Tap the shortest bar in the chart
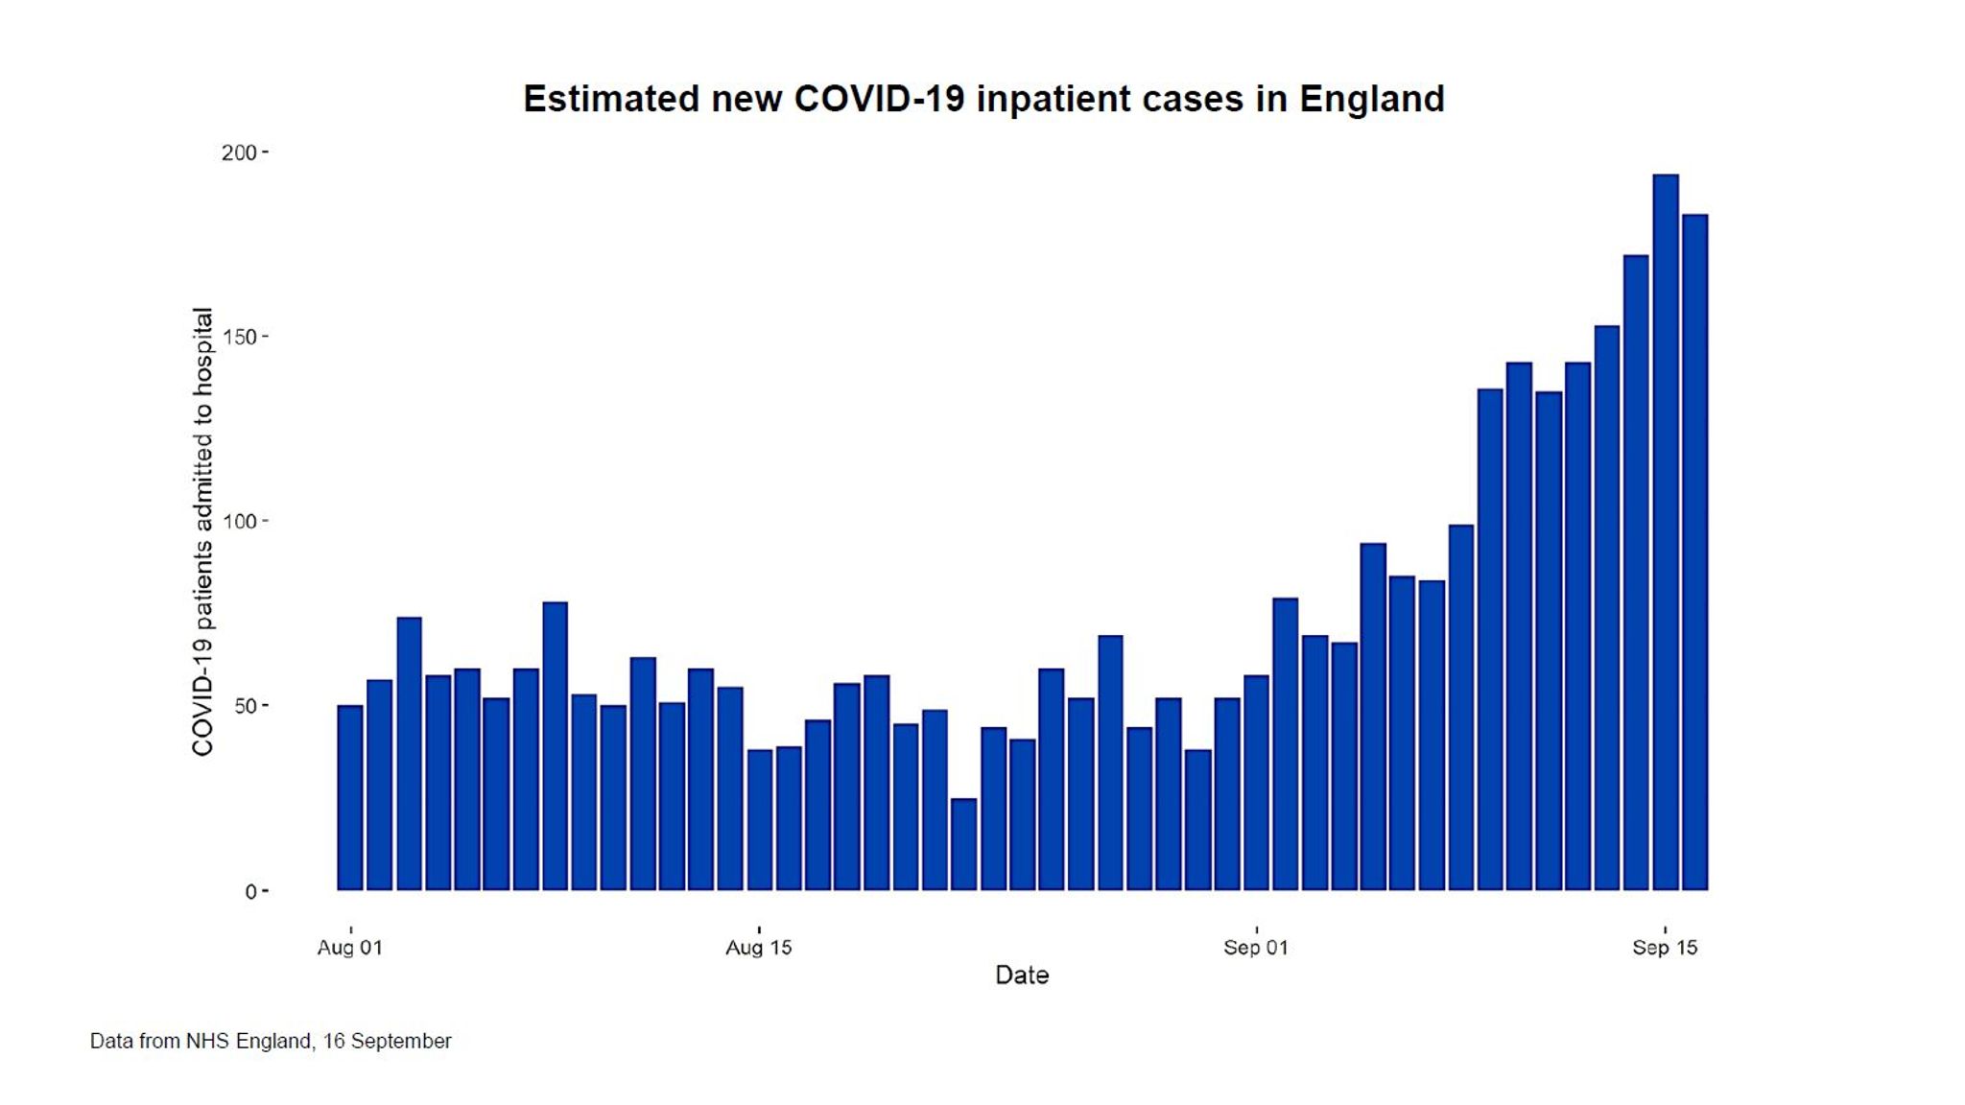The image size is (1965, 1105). pyautogui.click(x=963, y=844)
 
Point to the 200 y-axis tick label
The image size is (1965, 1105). pyautogui.click(x=238, y=153)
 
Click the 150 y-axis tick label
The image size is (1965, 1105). pyautogui.click(x=238, y=338)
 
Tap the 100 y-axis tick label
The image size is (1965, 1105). pyautogui.click(x=238, y=522)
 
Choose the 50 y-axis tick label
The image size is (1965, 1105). pyautogui.click(x=245, y=707)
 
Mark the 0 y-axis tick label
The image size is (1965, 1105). pyautogui.click(x=250, y=892)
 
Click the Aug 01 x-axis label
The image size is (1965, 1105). pyautogui.click(x=350, y=948)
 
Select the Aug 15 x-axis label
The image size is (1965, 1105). pyautogui.click(x=759, y=948)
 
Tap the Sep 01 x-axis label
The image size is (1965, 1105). pyautogui.click(x=1256, y=948)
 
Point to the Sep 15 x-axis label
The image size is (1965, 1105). pyautogui.click(x=1665, y=948)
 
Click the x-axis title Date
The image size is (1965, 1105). pyautogui.click(x=1022, y=976)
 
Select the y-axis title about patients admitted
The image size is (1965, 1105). pyautogui.click(x=202, y=532)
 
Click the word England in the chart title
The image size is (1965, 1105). pyautogui.click(x=1371, y=99)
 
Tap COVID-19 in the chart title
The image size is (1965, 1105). pyautogui.click(x=879, y=99)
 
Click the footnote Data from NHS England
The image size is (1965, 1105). pyautogui.click(x=270, y=1041)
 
